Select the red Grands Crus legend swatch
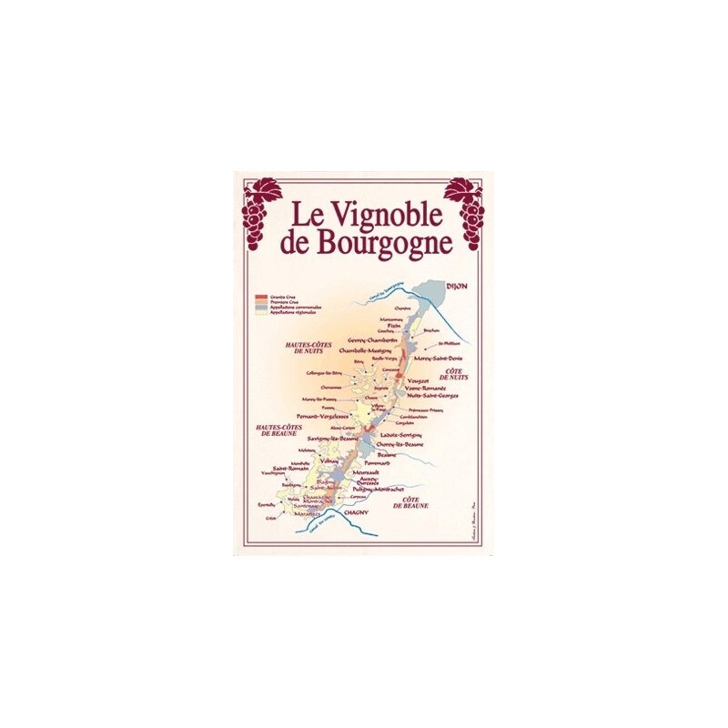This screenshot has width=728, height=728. point(261,298)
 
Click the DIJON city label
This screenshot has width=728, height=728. point(457,287)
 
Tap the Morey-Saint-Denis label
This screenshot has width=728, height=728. point(440,356)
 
